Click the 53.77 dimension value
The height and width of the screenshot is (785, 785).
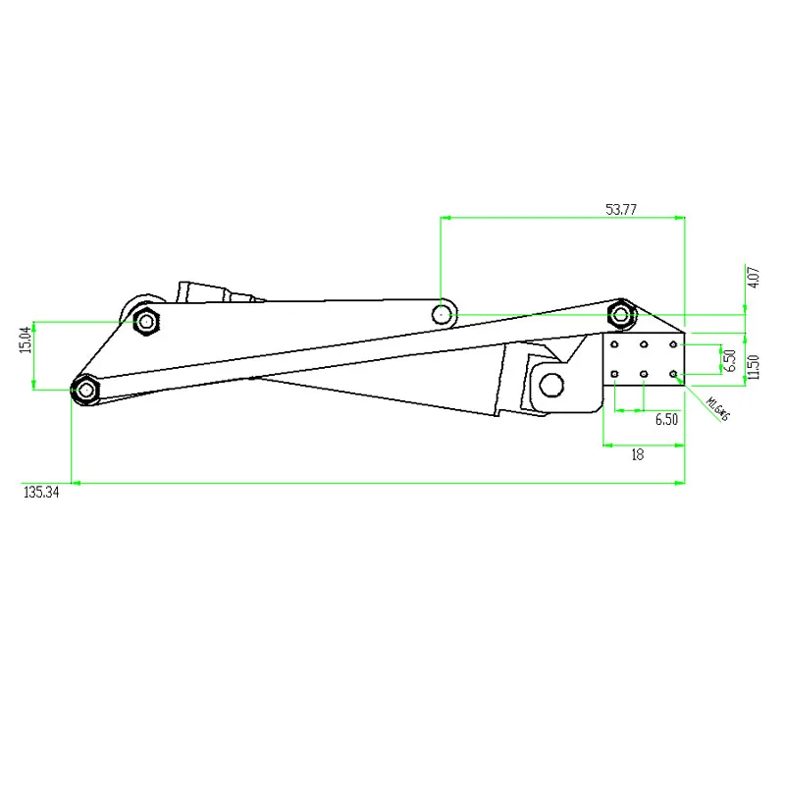[x=621, y=209]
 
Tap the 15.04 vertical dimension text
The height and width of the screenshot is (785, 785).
[x=26, y=340]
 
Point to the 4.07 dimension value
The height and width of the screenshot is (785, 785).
[x=754, y=277]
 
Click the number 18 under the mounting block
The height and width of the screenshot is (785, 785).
[x=637, y=454]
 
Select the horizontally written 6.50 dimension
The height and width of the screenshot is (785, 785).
[x=666, y=419]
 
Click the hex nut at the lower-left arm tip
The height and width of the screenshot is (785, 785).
[x=86, y=390]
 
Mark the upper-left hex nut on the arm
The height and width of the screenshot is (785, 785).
[x=146, y=320]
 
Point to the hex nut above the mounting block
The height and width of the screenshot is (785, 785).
[x=621, y=314]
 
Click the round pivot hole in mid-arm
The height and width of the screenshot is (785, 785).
[x=443, y=314]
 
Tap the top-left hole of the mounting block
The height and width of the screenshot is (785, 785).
[x=614, y=345]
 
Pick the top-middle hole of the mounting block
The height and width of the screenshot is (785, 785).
[x=644, y=345]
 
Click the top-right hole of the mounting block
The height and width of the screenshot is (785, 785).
[x=674, y=345]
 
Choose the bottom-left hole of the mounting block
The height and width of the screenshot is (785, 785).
[x=614, y=374]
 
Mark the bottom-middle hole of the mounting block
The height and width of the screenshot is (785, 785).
[x=644, y=374]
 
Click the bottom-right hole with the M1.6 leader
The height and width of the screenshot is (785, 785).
[x=674, y=374]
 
